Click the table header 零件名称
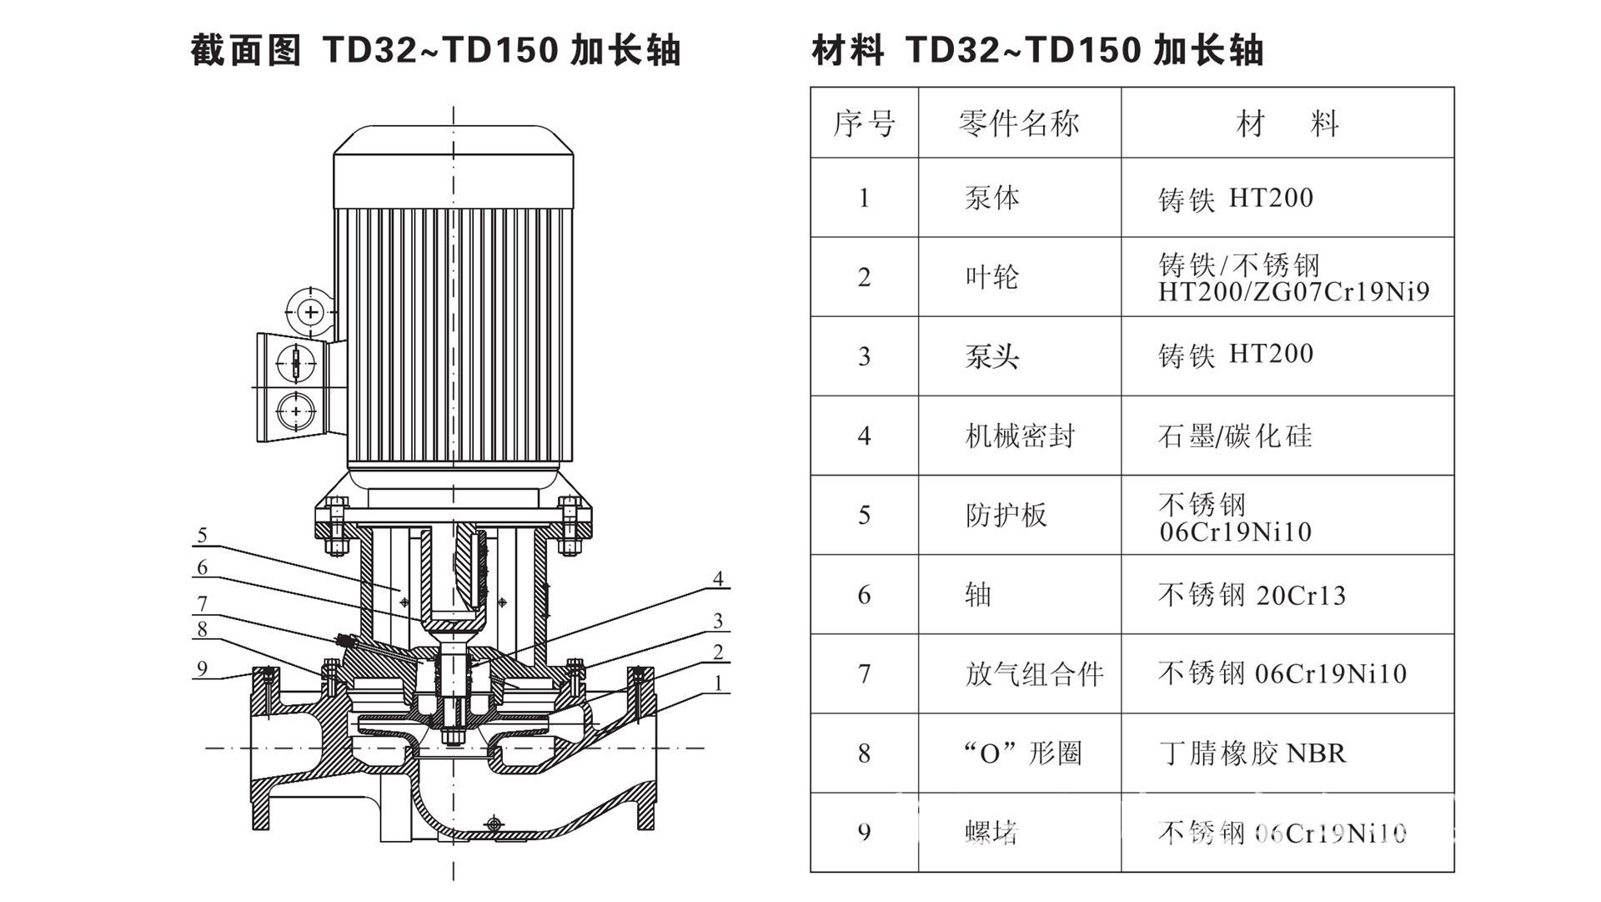point(1019,123)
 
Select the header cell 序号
point(864,123)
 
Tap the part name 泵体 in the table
point(992,198)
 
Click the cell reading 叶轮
point(992,277)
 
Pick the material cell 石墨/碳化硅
point(1235,436)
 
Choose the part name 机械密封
point(1020,436)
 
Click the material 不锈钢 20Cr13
point(1252,595)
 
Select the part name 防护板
point(1006,515)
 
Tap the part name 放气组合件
point(1034,674)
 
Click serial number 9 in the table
point(864,833)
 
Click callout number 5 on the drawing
point(202,535)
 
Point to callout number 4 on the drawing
point(718,579)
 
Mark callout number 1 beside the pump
point(718,684)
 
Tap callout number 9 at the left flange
point(202,668)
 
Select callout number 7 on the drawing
point(202,603)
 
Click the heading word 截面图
point(245,50)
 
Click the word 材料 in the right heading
point(847,50)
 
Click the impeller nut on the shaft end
point(454,737)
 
